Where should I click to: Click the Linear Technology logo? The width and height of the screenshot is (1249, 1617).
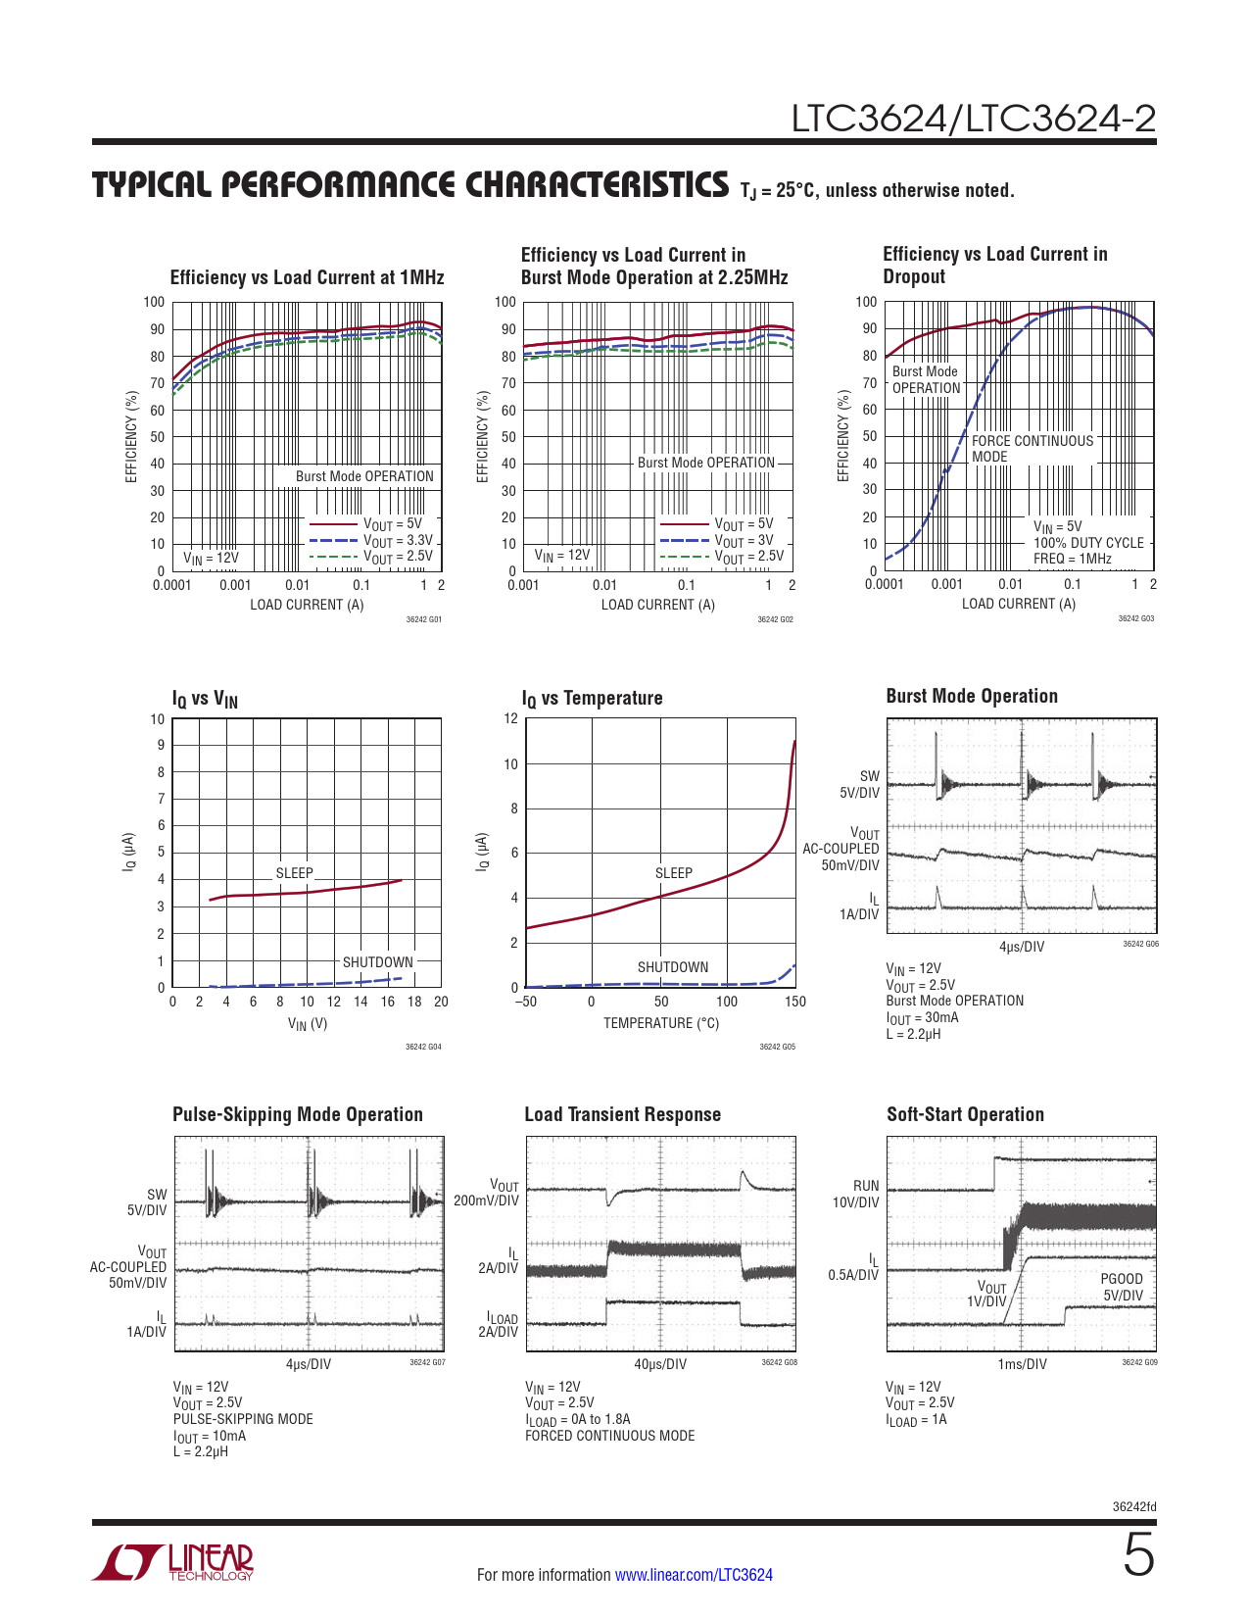173,1562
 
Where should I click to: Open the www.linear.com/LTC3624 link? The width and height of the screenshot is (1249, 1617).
694,1575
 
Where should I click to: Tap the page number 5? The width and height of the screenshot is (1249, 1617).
1138,1555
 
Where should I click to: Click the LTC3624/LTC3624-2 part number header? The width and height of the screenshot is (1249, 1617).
973,119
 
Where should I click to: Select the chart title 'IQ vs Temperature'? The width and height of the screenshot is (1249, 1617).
592,699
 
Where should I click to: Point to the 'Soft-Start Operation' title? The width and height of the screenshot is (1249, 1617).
965,1114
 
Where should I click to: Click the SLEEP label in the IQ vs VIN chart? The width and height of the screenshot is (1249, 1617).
294,873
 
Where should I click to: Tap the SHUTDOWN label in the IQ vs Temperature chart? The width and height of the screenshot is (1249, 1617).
673,967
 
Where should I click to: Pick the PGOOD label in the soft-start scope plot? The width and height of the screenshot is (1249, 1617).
1122,1279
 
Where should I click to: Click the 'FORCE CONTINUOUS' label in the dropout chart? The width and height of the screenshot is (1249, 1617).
1033,441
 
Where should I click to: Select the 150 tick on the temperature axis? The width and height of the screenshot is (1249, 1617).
795,1002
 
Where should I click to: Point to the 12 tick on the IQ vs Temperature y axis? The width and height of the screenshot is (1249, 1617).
510,718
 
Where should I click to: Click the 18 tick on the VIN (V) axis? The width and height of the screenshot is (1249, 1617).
414,1002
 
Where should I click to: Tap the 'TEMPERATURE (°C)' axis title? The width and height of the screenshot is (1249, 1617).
661,1023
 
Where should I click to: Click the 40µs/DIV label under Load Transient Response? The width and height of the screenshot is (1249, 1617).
660,1364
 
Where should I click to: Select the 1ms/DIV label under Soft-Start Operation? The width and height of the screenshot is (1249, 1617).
1022,1364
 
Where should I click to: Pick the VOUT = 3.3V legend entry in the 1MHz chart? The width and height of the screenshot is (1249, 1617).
398,541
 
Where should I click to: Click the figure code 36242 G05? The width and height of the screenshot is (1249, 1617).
778,1047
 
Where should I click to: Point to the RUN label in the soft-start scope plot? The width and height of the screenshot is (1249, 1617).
866,1186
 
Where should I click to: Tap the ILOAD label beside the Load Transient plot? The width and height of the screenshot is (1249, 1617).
503,1319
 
